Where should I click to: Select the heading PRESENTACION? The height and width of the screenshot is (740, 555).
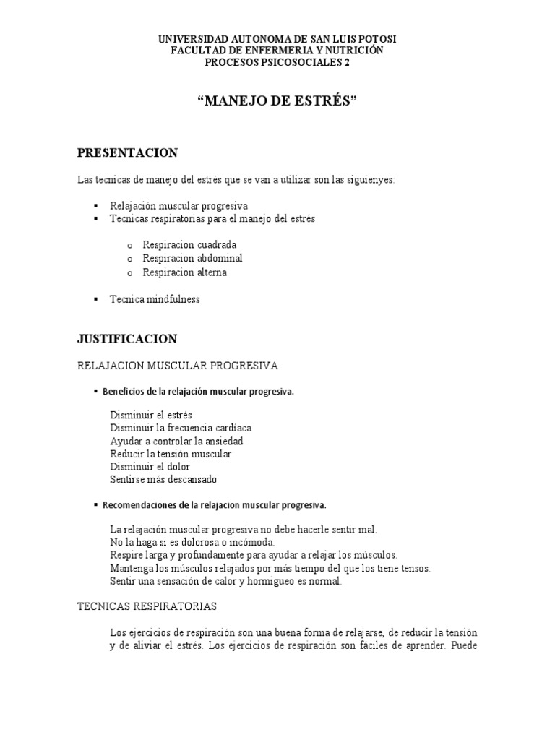(127, 152)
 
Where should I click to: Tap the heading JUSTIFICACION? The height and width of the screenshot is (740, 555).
(127, 338)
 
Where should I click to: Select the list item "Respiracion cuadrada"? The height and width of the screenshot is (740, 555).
(189, 245)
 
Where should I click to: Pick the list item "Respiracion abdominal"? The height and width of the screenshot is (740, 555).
(192, 259)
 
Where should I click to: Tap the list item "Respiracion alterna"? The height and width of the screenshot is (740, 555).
(184, 272)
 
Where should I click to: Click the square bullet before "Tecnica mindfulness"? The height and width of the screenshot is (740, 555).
(95, 299)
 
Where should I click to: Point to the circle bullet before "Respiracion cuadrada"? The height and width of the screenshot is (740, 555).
(129, 246)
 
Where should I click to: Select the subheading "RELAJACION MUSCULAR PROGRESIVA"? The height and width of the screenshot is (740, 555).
(177, 366)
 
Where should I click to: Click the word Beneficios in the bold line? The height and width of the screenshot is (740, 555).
(124, 392)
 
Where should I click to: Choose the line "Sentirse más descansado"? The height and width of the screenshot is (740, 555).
(163, 479)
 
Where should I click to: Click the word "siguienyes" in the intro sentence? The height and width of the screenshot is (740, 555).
(371, 179)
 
